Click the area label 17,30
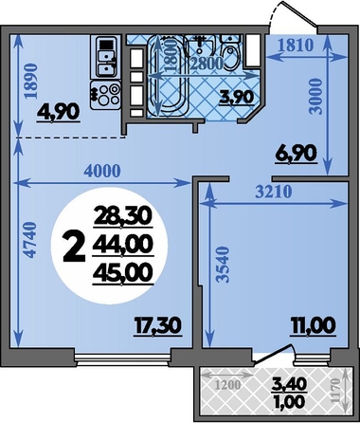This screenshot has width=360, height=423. [x=157, y=326]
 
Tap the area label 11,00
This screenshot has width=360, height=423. [x=312, y=326]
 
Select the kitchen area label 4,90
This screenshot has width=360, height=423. [x=58, y=112]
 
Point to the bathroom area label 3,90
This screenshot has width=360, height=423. [x=236, y=97]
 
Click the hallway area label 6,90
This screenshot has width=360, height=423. [x=296, y=153]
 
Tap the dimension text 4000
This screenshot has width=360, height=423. [x=102, y=171]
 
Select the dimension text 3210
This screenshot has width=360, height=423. [x=274, y=192]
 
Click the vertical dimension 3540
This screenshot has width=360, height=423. [x=224, y=265]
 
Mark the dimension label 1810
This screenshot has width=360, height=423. [x=296, y=46]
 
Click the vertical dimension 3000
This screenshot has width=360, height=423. [x=315, y=97]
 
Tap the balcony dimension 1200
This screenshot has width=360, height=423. [x=227, y=385]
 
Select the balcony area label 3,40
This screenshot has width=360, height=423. [x=289, y=384]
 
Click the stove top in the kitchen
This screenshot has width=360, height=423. [x=105, y=95]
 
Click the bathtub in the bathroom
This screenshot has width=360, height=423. [x=168, y=76]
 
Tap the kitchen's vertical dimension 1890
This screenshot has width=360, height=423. [x=31, y=82]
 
